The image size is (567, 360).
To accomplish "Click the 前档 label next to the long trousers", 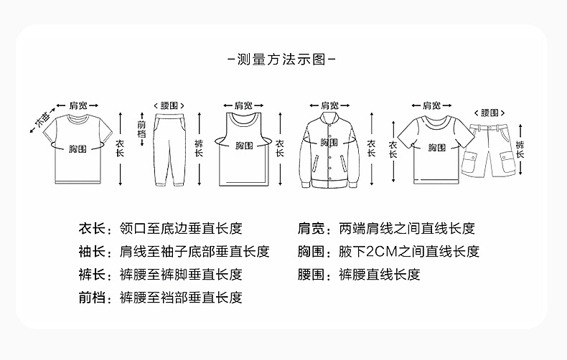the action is coord(141,130).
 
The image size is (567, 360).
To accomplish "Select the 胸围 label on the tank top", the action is coord(244,145).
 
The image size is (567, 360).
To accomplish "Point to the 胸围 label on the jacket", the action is coord(329,143).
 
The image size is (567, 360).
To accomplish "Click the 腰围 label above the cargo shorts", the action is coord(489,113).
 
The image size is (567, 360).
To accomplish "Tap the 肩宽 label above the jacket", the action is coord(329,105).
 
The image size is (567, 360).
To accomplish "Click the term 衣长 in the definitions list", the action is coord(91,229).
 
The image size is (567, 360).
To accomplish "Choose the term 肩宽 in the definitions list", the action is coord(311,229).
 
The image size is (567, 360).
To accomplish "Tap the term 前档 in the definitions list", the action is coord(91,297).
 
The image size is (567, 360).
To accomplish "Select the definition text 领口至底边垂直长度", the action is coord(180,229).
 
